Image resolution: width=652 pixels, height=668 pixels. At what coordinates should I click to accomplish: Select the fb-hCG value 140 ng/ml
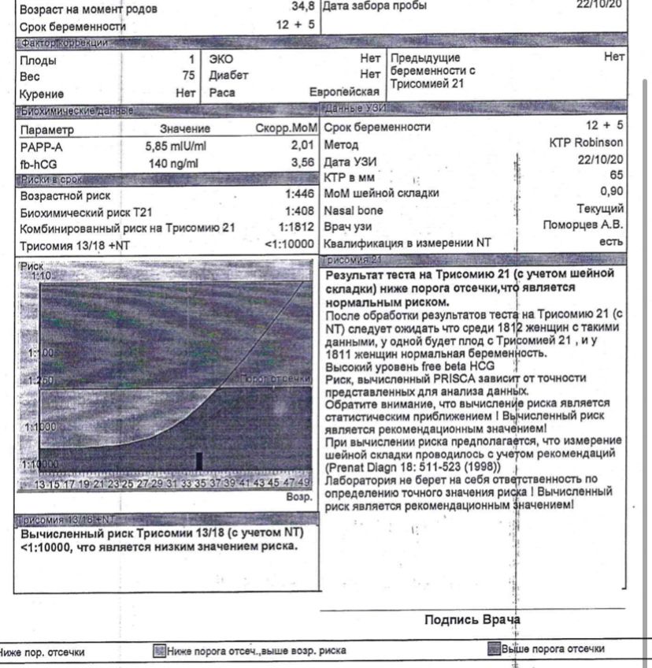174,163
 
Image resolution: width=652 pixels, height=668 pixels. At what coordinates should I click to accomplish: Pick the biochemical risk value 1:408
299,211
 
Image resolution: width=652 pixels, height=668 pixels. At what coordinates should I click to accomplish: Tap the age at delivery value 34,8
302,8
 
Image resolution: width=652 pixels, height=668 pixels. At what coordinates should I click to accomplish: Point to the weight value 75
188,76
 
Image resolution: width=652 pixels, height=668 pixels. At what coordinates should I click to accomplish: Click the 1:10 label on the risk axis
41,276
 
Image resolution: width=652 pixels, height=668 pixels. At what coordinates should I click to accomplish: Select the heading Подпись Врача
472,620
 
